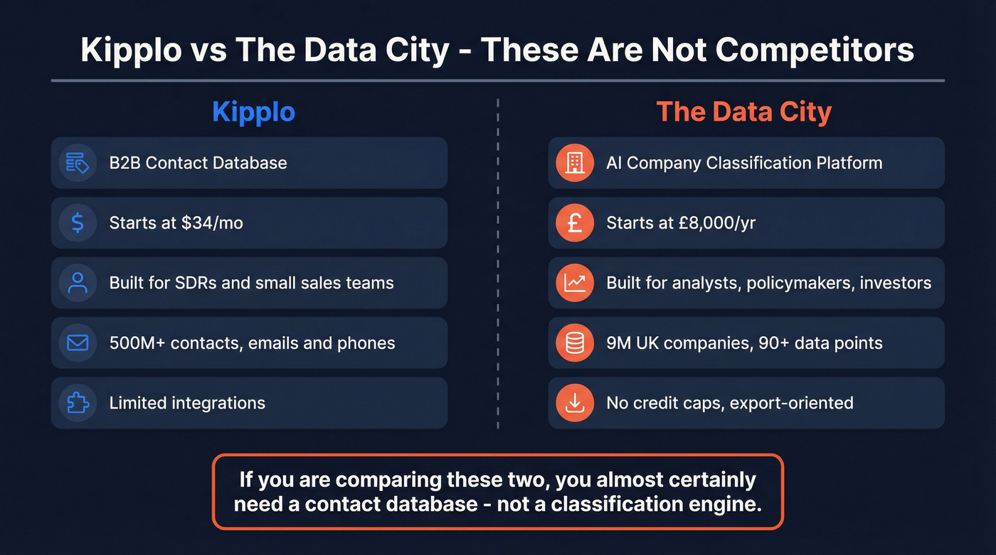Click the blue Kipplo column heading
click(253, 112)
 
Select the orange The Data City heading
click(743, 112)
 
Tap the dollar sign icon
click(78, 223)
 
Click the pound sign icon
click(574, 223)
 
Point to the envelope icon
click(78, 343)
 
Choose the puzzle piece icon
click(78, 403)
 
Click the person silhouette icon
click(78, 283)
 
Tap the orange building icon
click(574, 163)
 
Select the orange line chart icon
click(574, 283)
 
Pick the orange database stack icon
click(574, 343)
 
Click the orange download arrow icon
click(574, 403)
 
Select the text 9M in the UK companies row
click(616, 343)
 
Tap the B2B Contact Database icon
click(78, 163)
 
